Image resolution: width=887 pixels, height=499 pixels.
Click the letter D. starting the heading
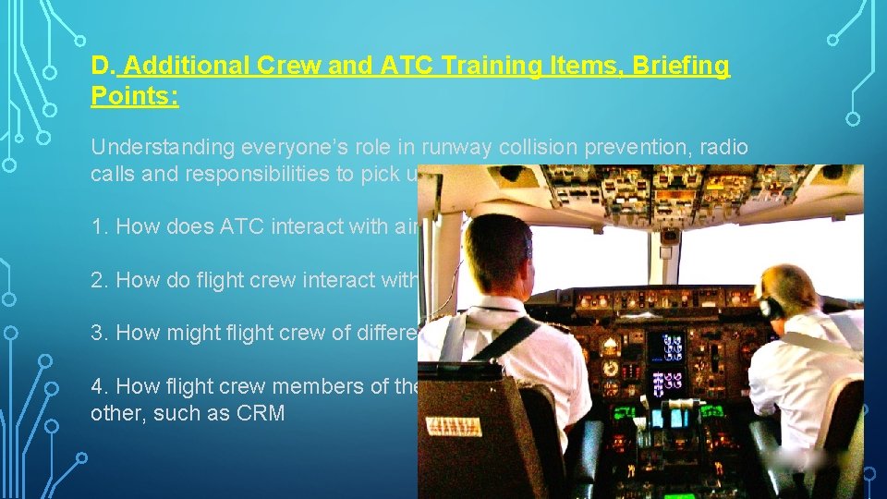click(103, 67)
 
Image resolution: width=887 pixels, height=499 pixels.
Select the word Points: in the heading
click(135, 96)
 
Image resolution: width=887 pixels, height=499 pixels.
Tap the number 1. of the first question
click(100, 226)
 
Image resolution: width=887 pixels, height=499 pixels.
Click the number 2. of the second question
click(100, 280)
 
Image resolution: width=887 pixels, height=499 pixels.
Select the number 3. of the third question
click(100, 333)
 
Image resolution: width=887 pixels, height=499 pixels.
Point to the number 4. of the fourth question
click(100, 386)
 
